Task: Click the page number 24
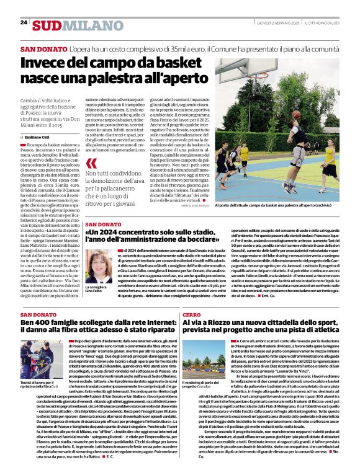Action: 24,22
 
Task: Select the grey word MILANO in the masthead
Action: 84,25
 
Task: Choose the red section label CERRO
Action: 192,315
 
